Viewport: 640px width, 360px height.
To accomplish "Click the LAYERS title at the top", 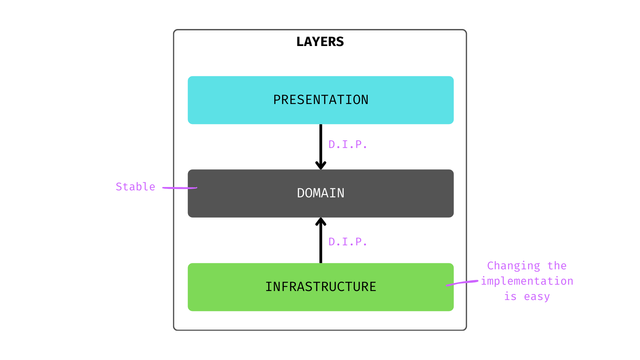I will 320,42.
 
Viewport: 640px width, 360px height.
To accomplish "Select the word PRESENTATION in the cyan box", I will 321,100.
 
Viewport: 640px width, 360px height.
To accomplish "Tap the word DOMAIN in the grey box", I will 321,193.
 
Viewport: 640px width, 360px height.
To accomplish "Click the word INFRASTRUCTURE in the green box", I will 321,287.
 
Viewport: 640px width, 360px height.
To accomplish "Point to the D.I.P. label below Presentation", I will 348,144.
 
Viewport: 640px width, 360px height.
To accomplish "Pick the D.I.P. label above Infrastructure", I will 348,242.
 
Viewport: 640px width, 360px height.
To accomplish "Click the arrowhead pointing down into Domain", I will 321,165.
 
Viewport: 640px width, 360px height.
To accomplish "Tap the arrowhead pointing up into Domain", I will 321,222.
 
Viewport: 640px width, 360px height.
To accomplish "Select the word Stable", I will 135,187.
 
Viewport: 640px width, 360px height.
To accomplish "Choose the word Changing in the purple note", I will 513,266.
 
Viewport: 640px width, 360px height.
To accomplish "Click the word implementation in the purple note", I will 527,281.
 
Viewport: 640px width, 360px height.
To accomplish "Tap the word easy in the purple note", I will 537,296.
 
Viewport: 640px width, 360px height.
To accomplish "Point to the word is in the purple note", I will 510,296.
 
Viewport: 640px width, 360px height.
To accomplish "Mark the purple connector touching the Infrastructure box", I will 462,283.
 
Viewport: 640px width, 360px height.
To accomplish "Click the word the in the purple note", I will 557,266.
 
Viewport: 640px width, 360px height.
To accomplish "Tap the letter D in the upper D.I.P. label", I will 332,144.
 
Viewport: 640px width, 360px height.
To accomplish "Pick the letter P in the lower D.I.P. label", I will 358,242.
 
